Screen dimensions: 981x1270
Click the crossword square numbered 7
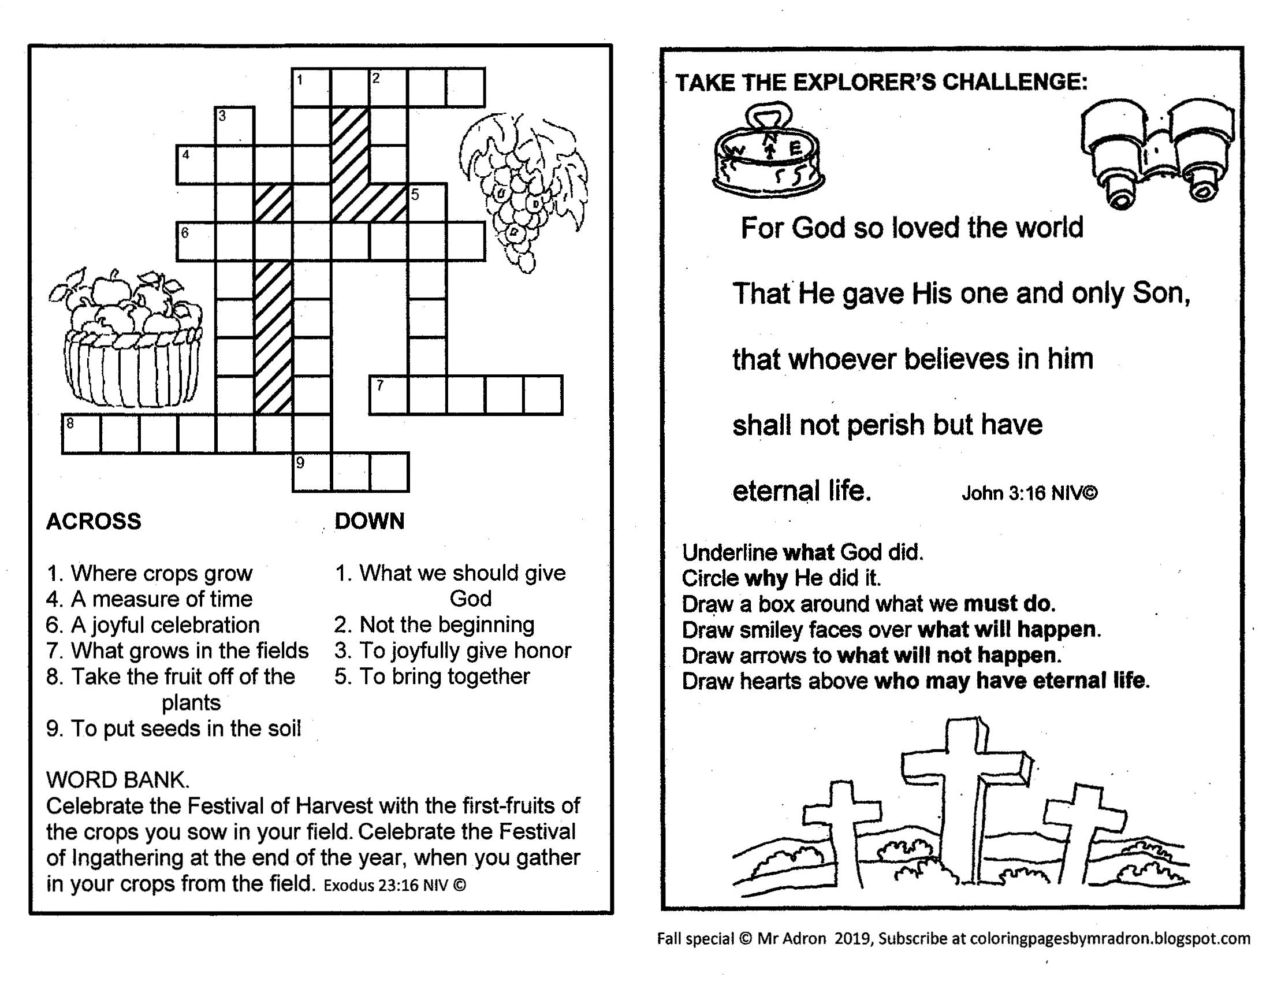click(x=389, y=395)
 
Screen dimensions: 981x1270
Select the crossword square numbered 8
click(x=81, y=433)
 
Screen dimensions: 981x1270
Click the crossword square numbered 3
click(x=234, y=126)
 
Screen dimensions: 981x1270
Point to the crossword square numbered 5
click(x=427, y=203)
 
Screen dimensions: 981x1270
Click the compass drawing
click(x=768, y=154)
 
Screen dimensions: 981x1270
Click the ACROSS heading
click(x=94, y=521)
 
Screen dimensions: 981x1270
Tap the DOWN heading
click(x=369, y=521)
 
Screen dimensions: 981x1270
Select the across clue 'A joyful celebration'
click(x=153, y=625)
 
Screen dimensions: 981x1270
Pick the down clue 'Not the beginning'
click(x=434, y=625)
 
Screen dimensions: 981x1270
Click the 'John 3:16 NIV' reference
click(x=1029, y=493)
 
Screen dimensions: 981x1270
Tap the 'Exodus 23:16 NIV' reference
click(x=395, y=885)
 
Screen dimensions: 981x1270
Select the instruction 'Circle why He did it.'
click(x=781, y=578)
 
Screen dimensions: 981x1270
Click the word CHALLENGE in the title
click(x=1014, y=81)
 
